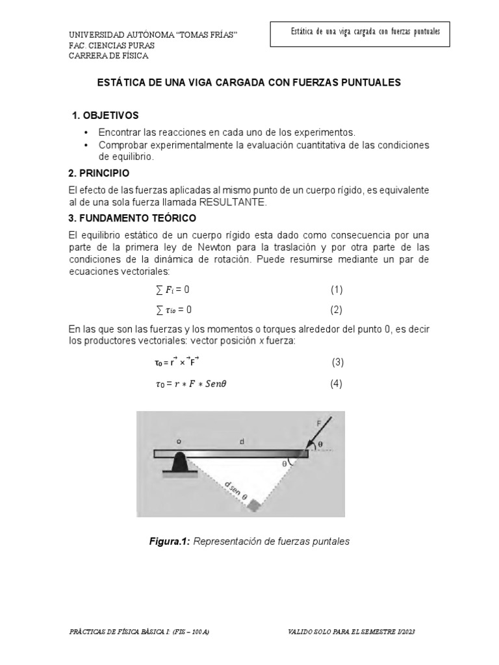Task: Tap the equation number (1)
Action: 336,289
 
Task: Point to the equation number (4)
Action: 336,383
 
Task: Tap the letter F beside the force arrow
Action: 318,423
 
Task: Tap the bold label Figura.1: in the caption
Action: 170,541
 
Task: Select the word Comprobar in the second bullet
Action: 123,144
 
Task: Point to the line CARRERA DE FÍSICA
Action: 109,56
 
